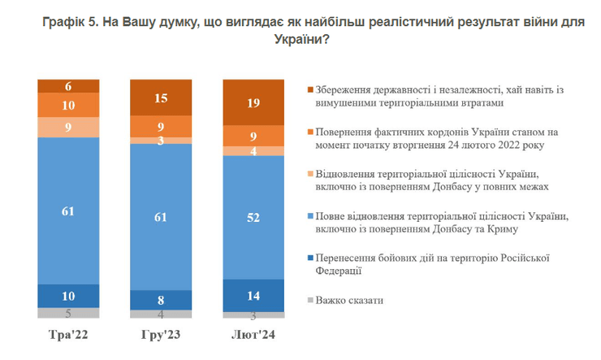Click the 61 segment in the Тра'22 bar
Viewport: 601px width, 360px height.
(68, 211)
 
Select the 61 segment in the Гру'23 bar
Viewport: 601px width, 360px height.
(161, 218)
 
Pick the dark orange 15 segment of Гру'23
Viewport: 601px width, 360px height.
(161, 98)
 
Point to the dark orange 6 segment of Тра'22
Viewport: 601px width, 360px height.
(68, 86)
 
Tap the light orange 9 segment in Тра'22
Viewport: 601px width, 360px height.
(68, 127)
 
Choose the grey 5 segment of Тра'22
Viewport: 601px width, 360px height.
(68, 313)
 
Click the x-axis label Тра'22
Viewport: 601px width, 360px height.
(68, 336)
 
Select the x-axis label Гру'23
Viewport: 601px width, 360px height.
(161, 336)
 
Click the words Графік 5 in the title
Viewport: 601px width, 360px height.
(71, 25)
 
